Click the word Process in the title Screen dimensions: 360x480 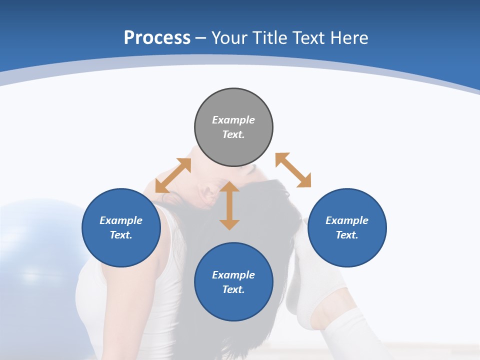[x=157, y=38]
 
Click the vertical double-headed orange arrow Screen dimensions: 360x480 [x=229, y=205]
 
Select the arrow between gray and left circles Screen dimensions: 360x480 [x=173, y=175]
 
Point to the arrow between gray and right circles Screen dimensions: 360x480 [x=293, y=170]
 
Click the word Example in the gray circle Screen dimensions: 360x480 [x=233, y=120]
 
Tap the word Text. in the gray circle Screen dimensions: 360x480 [x=233, y=134]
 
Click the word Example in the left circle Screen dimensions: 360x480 [x=121, y=220]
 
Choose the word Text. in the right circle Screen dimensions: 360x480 [x=347, y=235]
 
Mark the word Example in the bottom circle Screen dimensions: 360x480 [x=233, y=275]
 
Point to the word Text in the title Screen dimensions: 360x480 [x=307, y=38]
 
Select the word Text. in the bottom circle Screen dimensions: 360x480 [x=233, y=289]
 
